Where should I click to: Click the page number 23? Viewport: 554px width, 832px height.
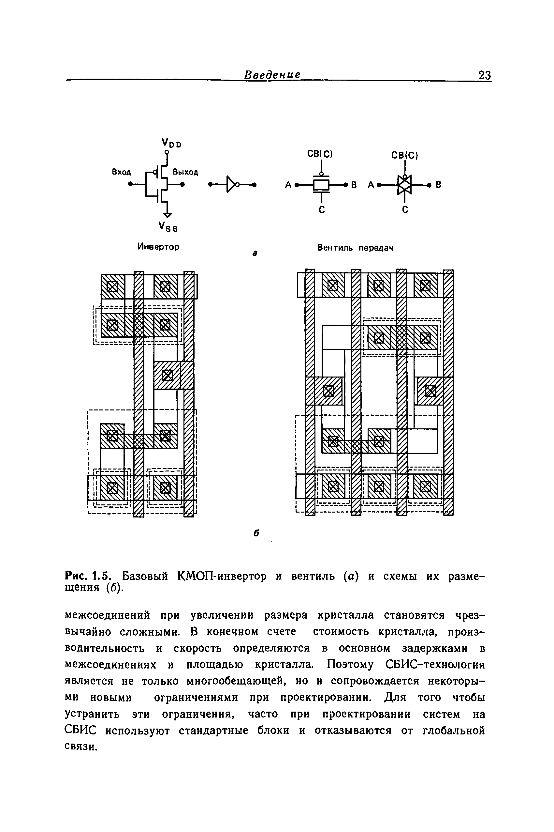point(484,75)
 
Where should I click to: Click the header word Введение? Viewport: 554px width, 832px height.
point(272,75)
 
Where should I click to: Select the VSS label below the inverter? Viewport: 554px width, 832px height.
point(168,227)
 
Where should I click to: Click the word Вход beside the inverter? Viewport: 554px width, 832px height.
point(121,172)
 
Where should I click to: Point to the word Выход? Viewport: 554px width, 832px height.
point(185,172)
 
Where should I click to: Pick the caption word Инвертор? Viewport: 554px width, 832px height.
point(158,247)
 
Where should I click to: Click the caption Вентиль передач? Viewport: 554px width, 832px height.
point(355,248)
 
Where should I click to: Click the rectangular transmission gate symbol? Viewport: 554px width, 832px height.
point(321,184)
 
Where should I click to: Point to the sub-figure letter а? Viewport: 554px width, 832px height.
point(255,253)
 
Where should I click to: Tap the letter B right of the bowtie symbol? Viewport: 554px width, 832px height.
point(438,185)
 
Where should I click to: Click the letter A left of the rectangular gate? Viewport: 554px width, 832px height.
point(288,185)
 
